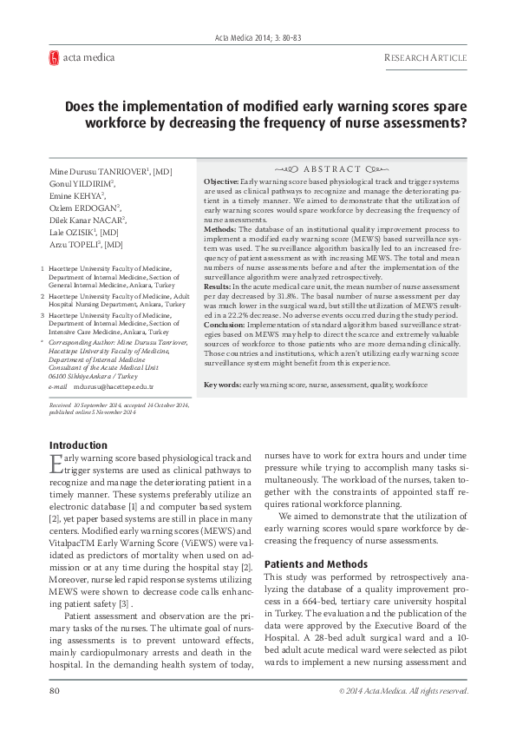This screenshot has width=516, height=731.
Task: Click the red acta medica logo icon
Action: (54, 58)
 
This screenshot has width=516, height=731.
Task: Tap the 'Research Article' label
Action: (425, 58)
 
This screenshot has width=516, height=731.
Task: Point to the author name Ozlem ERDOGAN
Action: (85, 208)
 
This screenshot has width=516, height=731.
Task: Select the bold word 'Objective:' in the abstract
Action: (220, 177)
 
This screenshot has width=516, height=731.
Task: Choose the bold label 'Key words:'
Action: (222, 383)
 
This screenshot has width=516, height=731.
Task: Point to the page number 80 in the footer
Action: (54, 691)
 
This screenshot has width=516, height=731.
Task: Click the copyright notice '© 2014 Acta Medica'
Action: (387, 691)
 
